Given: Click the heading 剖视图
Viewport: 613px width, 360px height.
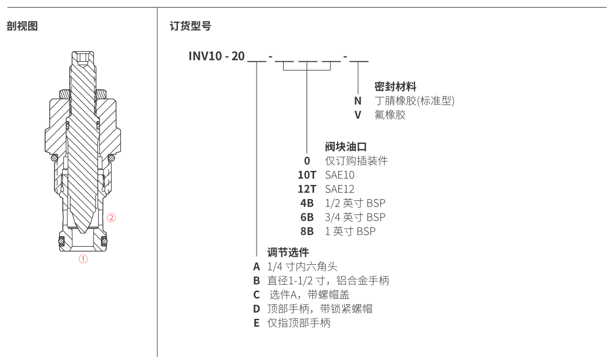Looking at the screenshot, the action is click(22, 26).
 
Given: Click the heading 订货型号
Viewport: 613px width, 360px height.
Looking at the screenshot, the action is click(190, 26).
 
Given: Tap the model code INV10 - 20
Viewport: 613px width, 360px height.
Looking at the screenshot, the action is click(217, 56).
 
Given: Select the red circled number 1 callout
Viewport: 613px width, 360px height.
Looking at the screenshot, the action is click(83, 259).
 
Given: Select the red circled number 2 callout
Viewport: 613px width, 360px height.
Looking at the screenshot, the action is click(112, 218).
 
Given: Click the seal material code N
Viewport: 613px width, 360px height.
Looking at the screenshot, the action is click(358, 101).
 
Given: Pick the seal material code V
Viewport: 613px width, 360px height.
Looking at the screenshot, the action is click(358, 115).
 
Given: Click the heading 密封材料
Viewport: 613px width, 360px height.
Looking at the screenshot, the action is click(395, 86).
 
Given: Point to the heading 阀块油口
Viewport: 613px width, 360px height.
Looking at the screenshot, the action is click(346, 147).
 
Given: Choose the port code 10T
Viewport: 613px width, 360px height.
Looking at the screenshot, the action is click(307, 175).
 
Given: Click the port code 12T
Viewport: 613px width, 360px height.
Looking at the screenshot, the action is click(307, 189).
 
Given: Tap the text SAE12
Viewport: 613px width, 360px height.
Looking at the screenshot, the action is click(340, 189).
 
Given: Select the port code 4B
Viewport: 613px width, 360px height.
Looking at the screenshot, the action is click(307, 203).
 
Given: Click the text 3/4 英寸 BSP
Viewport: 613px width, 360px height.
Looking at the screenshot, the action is click(355, 217).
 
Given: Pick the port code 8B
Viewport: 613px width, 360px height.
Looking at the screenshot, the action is click(307, 231).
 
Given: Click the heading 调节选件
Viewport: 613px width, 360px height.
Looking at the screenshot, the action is click(288, 252).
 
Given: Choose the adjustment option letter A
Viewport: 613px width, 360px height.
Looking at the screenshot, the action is click(257, 267).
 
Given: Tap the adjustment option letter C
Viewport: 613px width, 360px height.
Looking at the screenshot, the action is click(257, 295).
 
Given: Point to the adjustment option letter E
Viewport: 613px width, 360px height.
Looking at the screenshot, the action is click(257, 323).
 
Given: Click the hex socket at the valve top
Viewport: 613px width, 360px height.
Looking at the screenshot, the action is click(82, 59).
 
